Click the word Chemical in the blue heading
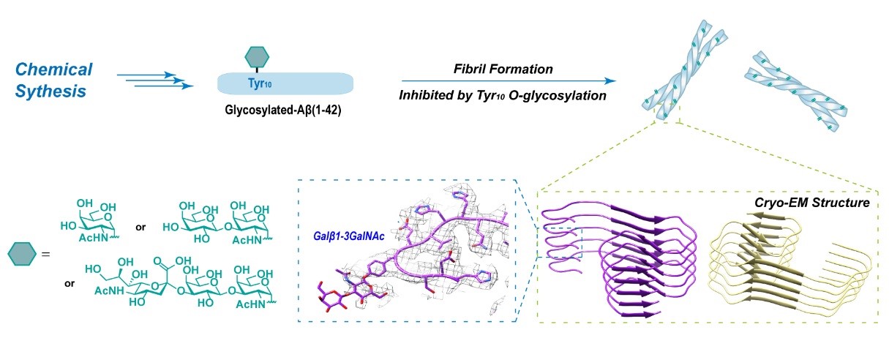(x=54, y=70)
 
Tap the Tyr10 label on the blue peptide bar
(x=255, y=83)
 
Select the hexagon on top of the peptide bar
(x=255, y=56)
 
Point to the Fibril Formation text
(x=501, y=69)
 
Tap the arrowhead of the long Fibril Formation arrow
(x=611, y=81)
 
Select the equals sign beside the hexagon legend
(x=45, y=255)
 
